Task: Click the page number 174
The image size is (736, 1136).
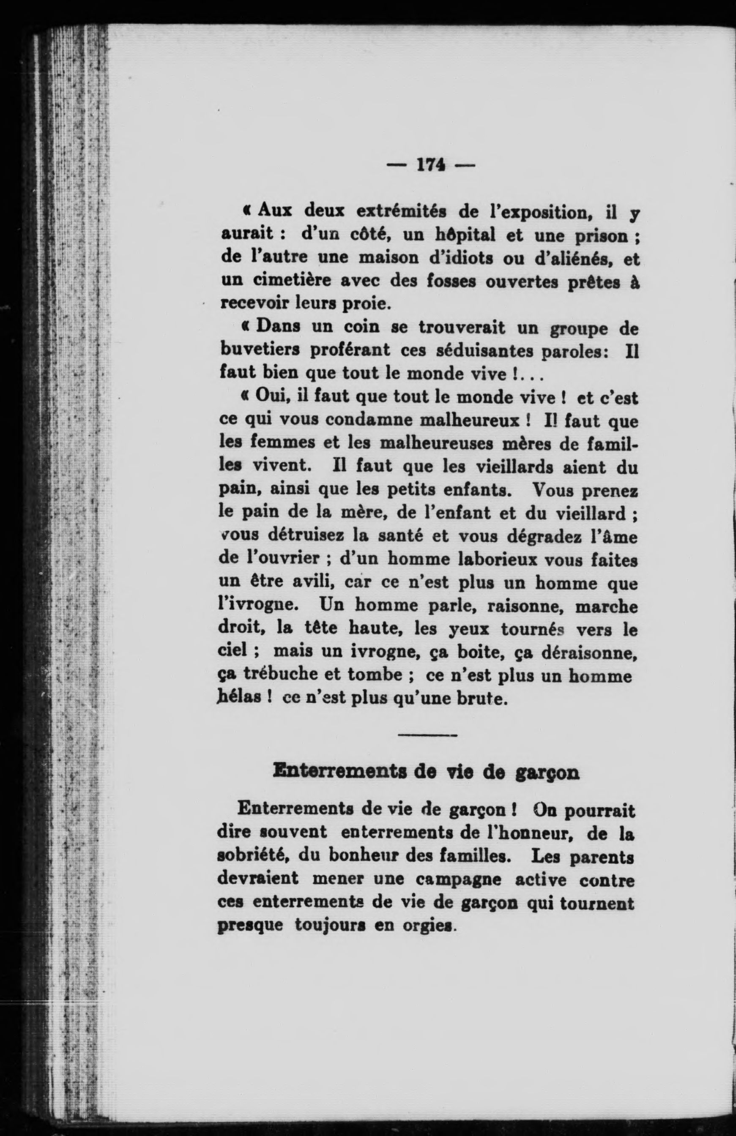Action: [432, 165]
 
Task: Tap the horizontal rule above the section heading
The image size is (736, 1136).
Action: [427, 735]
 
